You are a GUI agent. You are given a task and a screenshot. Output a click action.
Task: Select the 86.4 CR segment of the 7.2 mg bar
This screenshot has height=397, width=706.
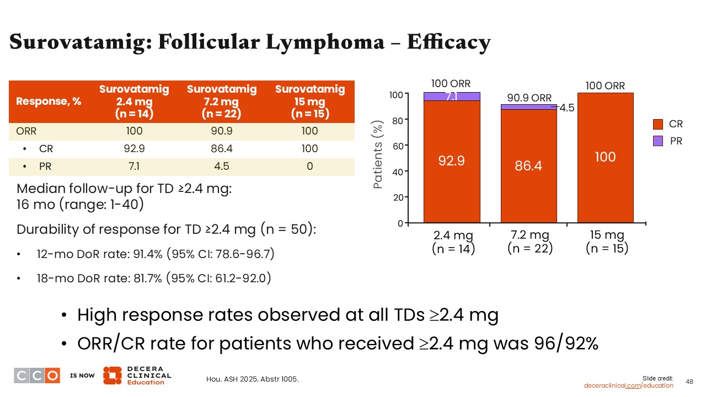pos(528,165)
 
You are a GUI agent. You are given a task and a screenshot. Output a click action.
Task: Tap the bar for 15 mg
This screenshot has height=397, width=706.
pos(605,158)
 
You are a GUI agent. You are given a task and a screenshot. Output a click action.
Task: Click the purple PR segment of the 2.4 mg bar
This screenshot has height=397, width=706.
pos(452,96)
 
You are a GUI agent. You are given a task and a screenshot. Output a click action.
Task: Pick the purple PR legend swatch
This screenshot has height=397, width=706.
pos(657,141)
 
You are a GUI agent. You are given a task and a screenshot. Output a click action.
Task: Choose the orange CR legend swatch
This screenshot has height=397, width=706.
pos(657,125)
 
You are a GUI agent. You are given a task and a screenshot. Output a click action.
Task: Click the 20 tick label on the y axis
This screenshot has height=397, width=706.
pos(397,197)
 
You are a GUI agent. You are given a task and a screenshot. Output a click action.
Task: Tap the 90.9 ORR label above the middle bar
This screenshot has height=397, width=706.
pos(529,98)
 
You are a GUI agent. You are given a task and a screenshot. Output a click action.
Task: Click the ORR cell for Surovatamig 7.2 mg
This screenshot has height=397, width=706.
pos(222,131)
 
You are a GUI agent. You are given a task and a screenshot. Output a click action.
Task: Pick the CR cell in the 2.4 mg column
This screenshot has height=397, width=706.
pos(134,148)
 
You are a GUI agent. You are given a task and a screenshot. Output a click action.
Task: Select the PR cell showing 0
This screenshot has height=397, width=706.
pos(310,166)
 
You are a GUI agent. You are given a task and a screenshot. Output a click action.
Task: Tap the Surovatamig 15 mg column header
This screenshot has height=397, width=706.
pos(310,101)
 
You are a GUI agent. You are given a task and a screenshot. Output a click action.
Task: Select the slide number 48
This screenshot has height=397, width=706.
pos(689,381)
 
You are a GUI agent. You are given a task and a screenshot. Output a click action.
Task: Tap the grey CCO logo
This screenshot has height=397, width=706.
pos(37,375)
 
